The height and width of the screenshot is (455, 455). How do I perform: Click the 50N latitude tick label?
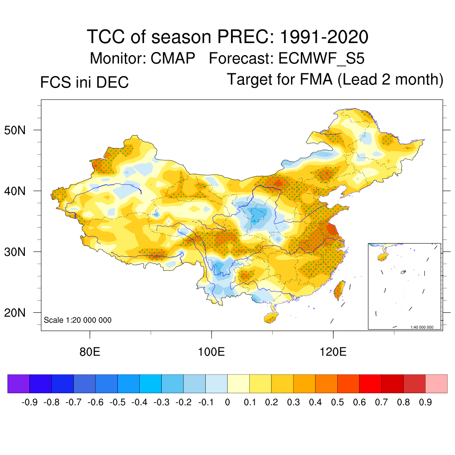pos(19,130)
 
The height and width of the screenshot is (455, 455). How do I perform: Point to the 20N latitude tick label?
pos(19,313)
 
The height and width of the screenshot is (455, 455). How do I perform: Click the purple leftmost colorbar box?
pos(19,384)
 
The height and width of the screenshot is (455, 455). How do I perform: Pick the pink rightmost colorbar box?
pos(436,384)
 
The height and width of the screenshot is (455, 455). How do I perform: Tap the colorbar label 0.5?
pos(337,403)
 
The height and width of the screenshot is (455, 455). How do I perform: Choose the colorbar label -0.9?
pos(29,403)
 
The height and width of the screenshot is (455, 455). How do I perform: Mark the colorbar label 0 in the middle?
pos(227,403)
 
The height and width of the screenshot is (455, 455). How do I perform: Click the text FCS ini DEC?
pos(84,82)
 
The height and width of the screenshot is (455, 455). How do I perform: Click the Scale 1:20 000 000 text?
pos(78,320)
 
